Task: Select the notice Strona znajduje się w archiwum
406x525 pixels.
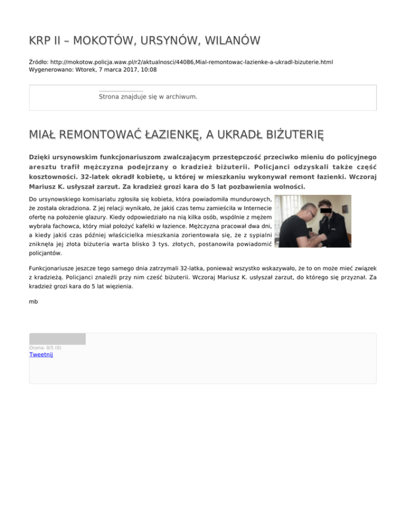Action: pos(148,97)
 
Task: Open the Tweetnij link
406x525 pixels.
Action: pos(41,354)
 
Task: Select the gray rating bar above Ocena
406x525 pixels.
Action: pos(57,339)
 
